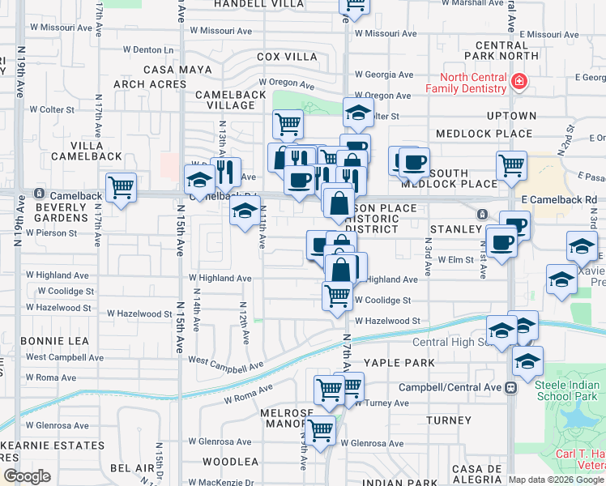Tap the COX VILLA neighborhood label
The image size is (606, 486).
(287, 57)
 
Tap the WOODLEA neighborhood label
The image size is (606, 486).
(230, 462)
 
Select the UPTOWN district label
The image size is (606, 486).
(512, 117)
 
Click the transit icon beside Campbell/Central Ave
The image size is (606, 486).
(510, 388)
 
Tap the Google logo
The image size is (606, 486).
(27, 476)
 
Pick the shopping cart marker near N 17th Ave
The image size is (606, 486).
(121, 188)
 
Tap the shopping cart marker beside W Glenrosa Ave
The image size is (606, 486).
(322, 430)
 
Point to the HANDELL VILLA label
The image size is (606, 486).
(247, 4)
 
